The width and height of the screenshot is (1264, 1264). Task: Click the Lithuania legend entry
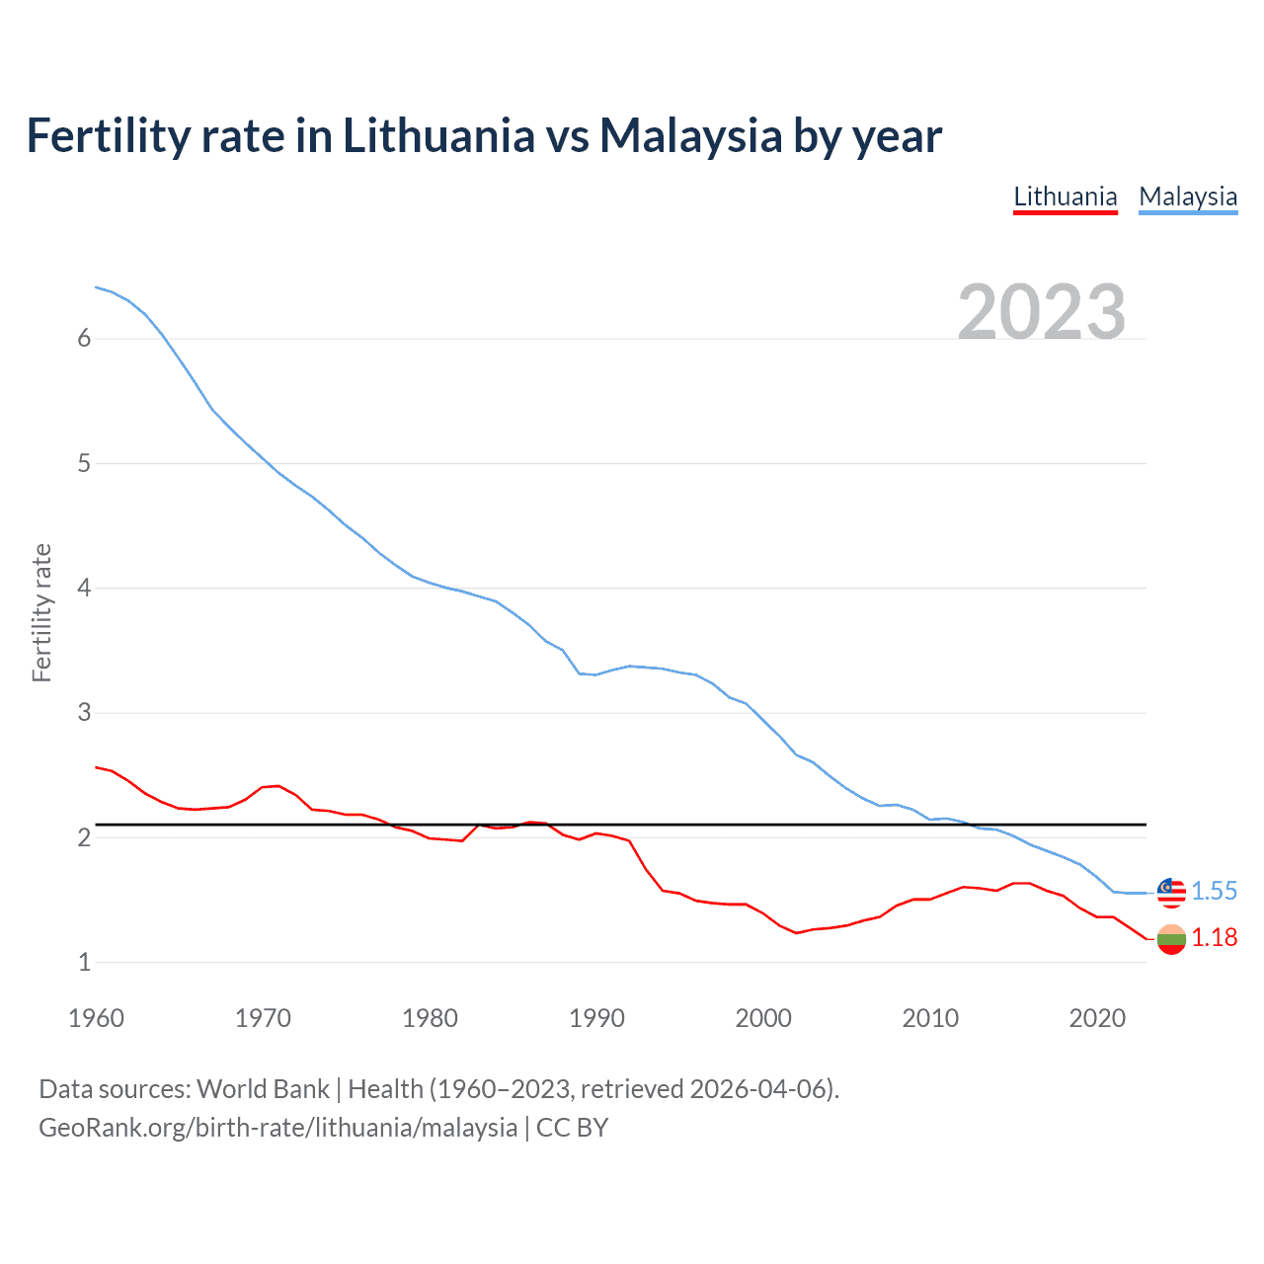[1065, 197]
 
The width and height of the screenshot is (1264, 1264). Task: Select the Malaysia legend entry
[1187, 197]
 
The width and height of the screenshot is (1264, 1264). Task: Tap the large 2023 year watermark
[1041, 312]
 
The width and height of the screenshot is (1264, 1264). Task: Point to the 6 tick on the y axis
[84, 339]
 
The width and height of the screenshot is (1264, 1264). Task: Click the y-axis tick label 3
[84, 712]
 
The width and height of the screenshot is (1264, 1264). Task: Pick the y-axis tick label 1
[84, 962]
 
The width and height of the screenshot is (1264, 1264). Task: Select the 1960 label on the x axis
[96, 1018]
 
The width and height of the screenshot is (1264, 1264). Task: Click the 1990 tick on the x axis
[596, 1018]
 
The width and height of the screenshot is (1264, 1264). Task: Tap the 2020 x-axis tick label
[1097, 1018]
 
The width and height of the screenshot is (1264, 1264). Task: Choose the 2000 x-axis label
[763, 1018]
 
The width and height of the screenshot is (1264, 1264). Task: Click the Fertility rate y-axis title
[41, 612]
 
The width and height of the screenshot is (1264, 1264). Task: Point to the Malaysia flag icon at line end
[1170, 891]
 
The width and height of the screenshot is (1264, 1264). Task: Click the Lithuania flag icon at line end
[1170, 938]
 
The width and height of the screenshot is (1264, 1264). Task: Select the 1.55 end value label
[1214, 891]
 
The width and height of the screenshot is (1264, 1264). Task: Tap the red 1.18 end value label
[1214, 937]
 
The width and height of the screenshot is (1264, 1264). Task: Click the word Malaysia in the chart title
[690, 135]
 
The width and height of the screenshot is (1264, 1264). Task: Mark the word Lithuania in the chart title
[438, 135]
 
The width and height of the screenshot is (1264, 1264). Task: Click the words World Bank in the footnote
[263, 1089]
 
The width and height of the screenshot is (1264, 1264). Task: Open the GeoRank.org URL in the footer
[277, 1128]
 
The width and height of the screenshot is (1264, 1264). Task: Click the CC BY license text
[572, 1128]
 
